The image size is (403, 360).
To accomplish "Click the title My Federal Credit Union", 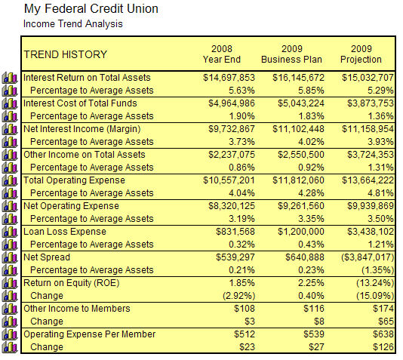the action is tap(91, 9).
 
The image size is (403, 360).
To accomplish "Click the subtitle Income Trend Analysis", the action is tap(73, 24).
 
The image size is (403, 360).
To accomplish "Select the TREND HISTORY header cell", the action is tap(66, 54).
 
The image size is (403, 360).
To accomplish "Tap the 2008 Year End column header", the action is tap(222, 54).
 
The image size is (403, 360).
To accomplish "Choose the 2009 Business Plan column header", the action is tap(291, 54).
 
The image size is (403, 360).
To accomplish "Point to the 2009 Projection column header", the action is tap(361, 54).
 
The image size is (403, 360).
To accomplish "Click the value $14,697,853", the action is tap(229, 78).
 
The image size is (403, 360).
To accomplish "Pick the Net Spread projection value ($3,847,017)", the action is tap(368, 257).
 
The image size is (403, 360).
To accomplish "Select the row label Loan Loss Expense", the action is tap(65, 232).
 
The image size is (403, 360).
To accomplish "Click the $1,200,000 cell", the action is tap(301, 232).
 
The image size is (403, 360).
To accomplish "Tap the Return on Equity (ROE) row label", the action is tap(72, 283).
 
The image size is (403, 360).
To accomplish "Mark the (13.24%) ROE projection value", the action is tap(375, 283).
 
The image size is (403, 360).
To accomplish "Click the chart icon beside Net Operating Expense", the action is tap(10, 206).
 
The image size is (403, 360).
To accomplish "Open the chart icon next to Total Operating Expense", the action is tap(10, 180).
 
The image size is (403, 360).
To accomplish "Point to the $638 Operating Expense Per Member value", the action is tap(383, 334).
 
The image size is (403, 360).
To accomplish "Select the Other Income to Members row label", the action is tap(77, 309).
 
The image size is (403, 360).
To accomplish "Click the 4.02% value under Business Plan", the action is tap(311, 142).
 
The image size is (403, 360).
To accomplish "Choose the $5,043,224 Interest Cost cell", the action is tap(301, 103).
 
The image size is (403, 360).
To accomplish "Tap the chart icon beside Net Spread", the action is tap(10, 257).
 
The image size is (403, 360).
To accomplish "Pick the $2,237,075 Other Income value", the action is tap(232, 155).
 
